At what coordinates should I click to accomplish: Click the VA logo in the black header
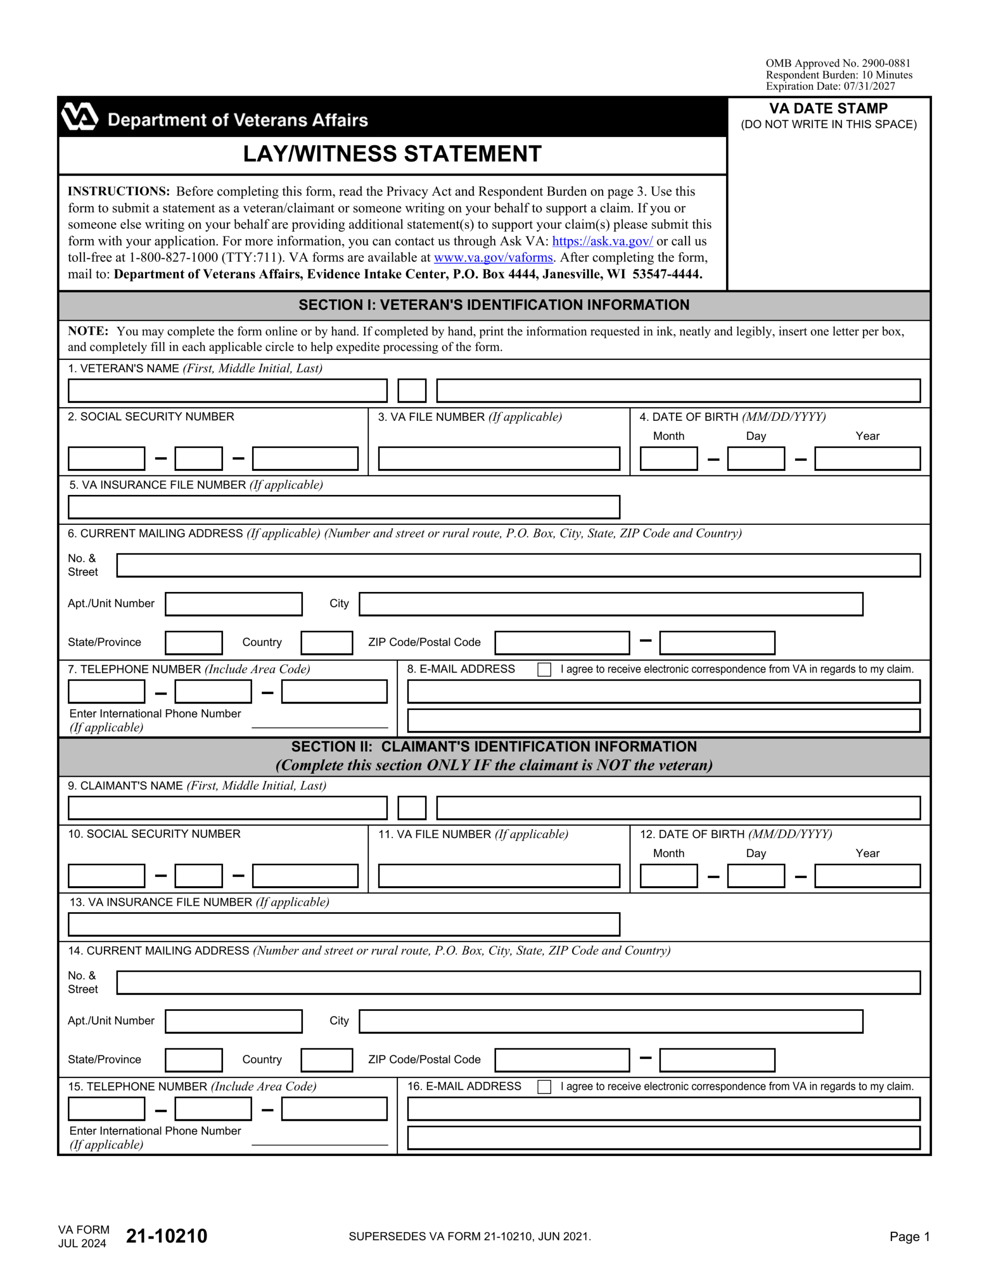pyautogui.click(x=79, y=116)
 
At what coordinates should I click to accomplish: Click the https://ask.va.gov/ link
pyautogui.click(x=602, y=241)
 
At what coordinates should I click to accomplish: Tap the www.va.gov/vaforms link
pyautogui.click(x=493, y=258)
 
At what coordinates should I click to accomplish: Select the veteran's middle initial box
pyautogui.click(x=411, y=391)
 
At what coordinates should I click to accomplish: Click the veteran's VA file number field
pyautogui.click(x=498, y=459)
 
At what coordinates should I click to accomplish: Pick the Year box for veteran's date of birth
pyautogui.click(x=866, y=459)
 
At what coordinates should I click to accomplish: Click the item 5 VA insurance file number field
pyautogui.click(x=343, y=507)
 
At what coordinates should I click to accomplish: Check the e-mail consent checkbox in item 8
pyautogui.click(x=544, y=670)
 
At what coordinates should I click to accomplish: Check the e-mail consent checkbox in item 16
pyautogui.click(x=544, y=1087)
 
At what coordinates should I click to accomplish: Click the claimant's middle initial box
pyautogui.click(x=411, y=808)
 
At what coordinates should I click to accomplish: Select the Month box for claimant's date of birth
pyautogui.click(x=668, y=876)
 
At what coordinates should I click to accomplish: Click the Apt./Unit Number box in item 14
pyautogui.click(x=233, y=1021)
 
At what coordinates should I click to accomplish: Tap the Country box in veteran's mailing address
pyautogui.click(x=326, y=643)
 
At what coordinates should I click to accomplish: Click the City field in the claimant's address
pyautogui.click(x=610, y=1021)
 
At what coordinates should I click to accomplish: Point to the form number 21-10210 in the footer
pyautogui.click(x=166, y=1236)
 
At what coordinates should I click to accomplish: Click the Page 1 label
pyautogui.click(x=909, y=1236)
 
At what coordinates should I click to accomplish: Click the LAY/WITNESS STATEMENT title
pyautogui.click(x=392, y=154)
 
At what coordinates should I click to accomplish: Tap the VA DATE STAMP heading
pyautogui.click(x=828, y=109)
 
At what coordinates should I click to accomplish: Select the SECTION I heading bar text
pyautogui.click(x=493, y=305)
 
